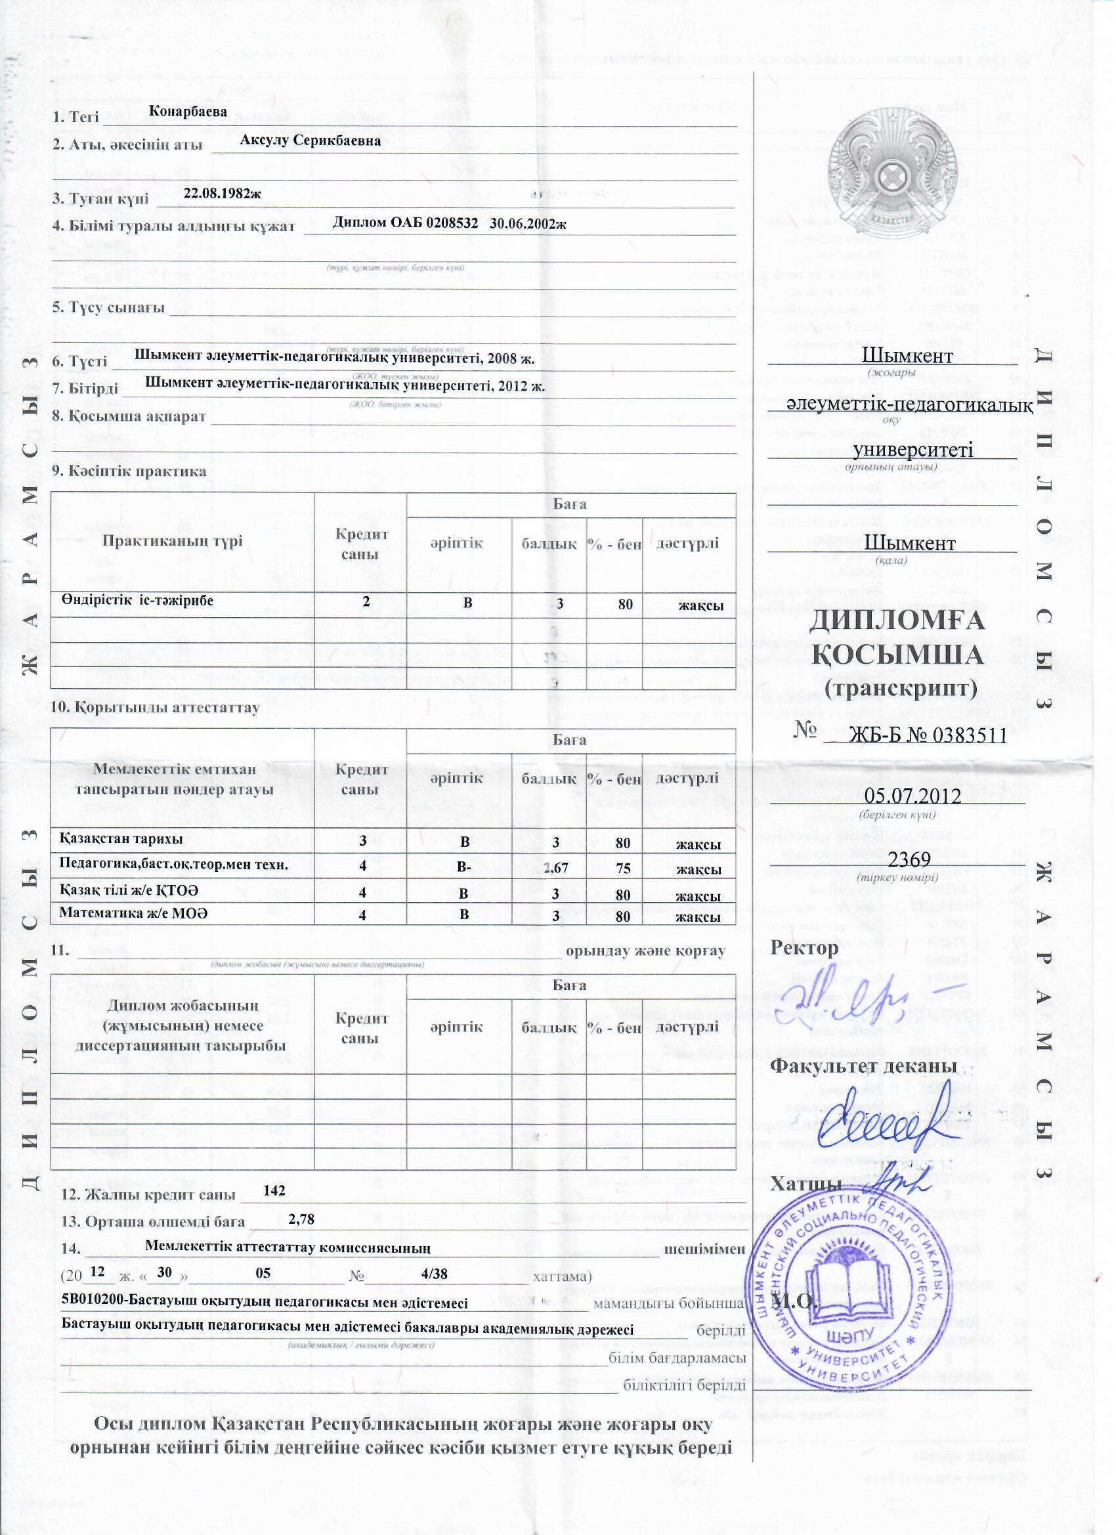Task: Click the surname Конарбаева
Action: (188, 112)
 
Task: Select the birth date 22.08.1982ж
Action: (222, 193)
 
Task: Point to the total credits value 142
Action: (274, 1190)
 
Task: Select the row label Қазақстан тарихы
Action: (121, 839)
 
